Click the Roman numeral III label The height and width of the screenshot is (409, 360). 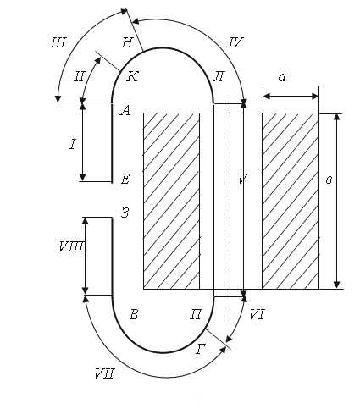pyautogui.click(x=58, y=43)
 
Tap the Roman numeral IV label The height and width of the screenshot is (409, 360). pyautogui.click(x=235, y=42)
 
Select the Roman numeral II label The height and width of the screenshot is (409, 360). pyautogui.click(x=79, y=76)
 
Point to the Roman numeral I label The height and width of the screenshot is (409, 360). pyautogui.click(x=73, y=145)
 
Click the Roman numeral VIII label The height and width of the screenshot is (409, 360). pyautogui.click(x=71, y=247)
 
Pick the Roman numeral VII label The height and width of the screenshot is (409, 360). pyautogui.click(x=104, y=374)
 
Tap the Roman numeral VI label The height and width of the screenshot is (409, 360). pyautogui.click(x=257, y=314)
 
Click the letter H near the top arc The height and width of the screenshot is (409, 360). pyautogui.click(x=127, y=42)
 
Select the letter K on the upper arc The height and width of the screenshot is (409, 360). pyautogui.click(x=132, y=76)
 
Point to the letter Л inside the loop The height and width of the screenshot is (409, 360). pyautogui.click(x=219, y=76)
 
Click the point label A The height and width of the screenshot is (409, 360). pyautogui.click(x=125, y=111)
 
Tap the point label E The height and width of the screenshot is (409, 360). pyautogui.click(x=125, y=179)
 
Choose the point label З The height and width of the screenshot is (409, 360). pyautogui.click(x=125, y=213)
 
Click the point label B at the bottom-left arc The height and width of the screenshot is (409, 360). pyautogui.click(x=134, y=314)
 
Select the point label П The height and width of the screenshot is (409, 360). pyautogui.click(x=196, y=314)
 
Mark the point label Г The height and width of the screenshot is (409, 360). pyautogui.click(x=201, y=349)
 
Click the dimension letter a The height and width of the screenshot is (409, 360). pyautogui.click(x=282, y=77)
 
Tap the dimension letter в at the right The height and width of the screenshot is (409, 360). pyautogui.click(x=329, y=180)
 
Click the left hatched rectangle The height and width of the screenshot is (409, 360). pyautogui.click(x=171, y=202)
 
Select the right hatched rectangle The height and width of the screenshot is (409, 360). pyautogui.click(x=291, y=202)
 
